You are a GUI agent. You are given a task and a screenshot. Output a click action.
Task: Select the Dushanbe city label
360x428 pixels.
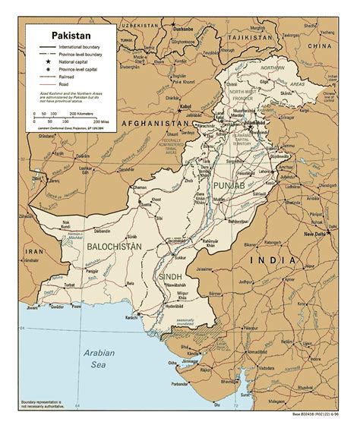tap(185, 28)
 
